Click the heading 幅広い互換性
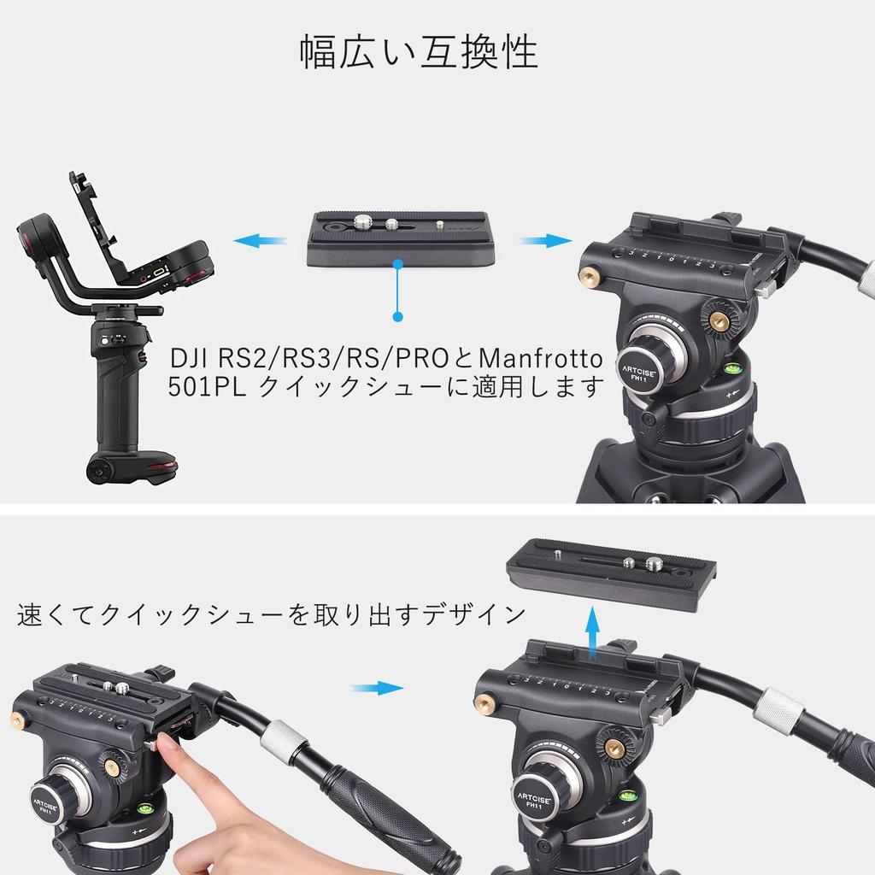pyautogui.click(x=419, y=53)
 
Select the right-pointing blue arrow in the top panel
pyautogui.click(x=544, y=241)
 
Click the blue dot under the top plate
pyautogui.click(x=397, y=317)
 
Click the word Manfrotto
pyautogui.click(x=540, y=356)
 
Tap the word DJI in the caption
pyautogui.click(x=191, y=356)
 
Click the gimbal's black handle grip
pyautogui.click(x=117, y=410)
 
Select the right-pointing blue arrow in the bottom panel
pyautogui.click(x=377, y=688)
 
